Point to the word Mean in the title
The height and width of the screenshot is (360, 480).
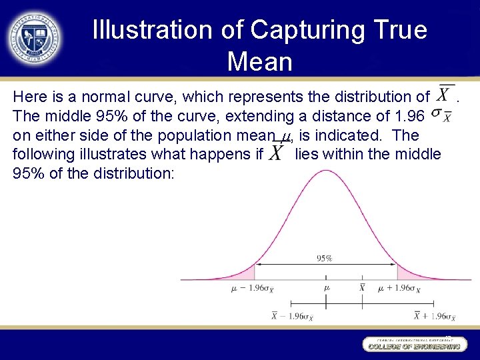259,61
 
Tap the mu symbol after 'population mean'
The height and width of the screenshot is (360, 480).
286,137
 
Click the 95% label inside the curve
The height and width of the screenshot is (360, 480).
325,258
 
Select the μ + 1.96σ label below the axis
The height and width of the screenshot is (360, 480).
399,289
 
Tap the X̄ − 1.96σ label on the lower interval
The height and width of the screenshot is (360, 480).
292,317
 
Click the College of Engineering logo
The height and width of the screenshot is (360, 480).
412,343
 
